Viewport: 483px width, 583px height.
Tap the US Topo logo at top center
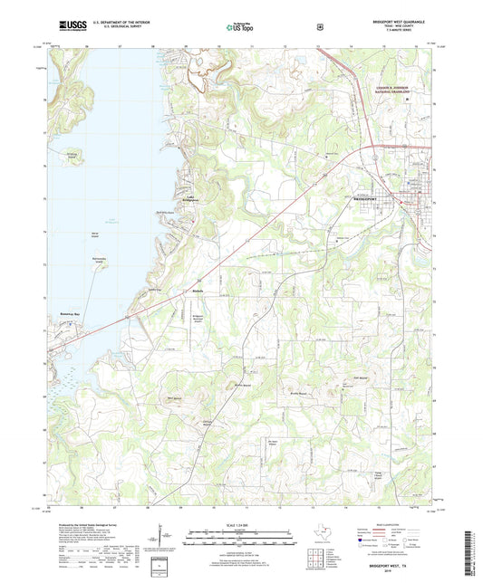(240, 28)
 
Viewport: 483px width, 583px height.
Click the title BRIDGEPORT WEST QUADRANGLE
(391, 20)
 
